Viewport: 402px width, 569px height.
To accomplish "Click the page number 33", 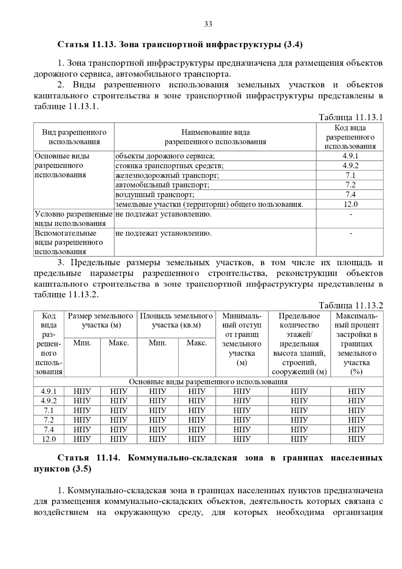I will tap(208, 24).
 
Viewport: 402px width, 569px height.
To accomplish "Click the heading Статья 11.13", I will tap(180, 45).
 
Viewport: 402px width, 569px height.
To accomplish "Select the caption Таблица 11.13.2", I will tap(350, 305).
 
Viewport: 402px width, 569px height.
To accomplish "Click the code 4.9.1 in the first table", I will tap(350, 156).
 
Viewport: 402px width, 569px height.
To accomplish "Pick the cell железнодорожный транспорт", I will tap(167, 175).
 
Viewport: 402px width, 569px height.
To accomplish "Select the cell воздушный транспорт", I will tap(155, 195).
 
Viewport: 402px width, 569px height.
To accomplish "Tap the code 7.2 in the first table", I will tap(350, 185).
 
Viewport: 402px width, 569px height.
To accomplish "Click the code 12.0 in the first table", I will tap(350, 204).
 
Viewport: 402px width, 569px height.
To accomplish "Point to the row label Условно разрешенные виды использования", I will tap(73, 219).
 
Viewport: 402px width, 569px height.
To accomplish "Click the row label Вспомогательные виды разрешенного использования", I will tap(69, 242).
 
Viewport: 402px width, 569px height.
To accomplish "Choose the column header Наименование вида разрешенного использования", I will tap(215, 137).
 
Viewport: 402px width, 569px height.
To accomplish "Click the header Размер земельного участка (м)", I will tap(100, 320).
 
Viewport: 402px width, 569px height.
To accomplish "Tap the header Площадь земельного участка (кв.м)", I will tap(176, 320).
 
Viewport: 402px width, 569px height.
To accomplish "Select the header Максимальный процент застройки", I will tap(356, 343).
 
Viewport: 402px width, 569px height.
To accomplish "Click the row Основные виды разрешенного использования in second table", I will tap(208, 382).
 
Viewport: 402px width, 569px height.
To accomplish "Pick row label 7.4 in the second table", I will tap(49, 430).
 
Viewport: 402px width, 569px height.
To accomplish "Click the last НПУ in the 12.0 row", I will tap(356, 439).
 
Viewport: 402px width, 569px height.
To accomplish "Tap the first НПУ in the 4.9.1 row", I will tap(82, 391).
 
